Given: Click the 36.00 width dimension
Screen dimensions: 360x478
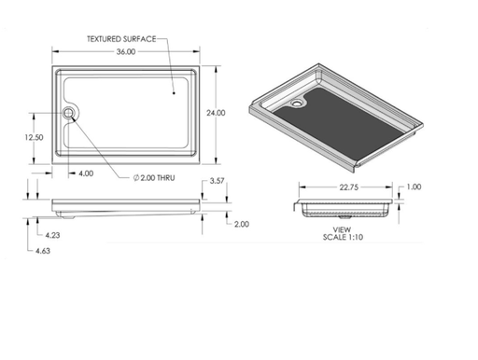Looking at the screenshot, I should point(125,52).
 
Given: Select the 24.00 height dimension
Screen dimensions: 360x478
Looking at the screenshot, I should point(216,113).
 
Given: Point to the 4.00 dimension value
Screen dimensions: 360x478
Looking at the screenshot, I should point(86,173).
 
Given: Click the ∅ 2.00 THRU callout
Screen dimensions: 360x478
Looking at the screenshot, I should point(152,176).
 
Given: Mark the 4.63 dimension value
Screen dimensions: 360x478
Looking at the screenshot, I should point(42,252).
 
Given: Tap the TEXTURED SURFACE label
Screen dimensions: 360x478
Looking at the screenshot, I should point(120,39).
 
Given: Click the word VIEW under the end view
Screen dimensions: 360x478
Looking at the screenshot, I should point(341,228).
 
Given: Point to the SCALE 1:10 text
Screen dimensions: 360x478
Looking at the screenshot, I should point(341,236).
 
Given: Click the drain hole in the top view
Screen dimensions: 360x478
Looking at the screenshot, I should point(70,114).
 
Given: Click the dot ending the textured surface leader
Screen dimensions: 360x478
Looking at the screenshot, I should point(175,92).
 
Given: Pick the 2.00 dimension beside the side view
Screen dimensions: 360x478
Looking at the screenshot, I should point(241,224).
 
